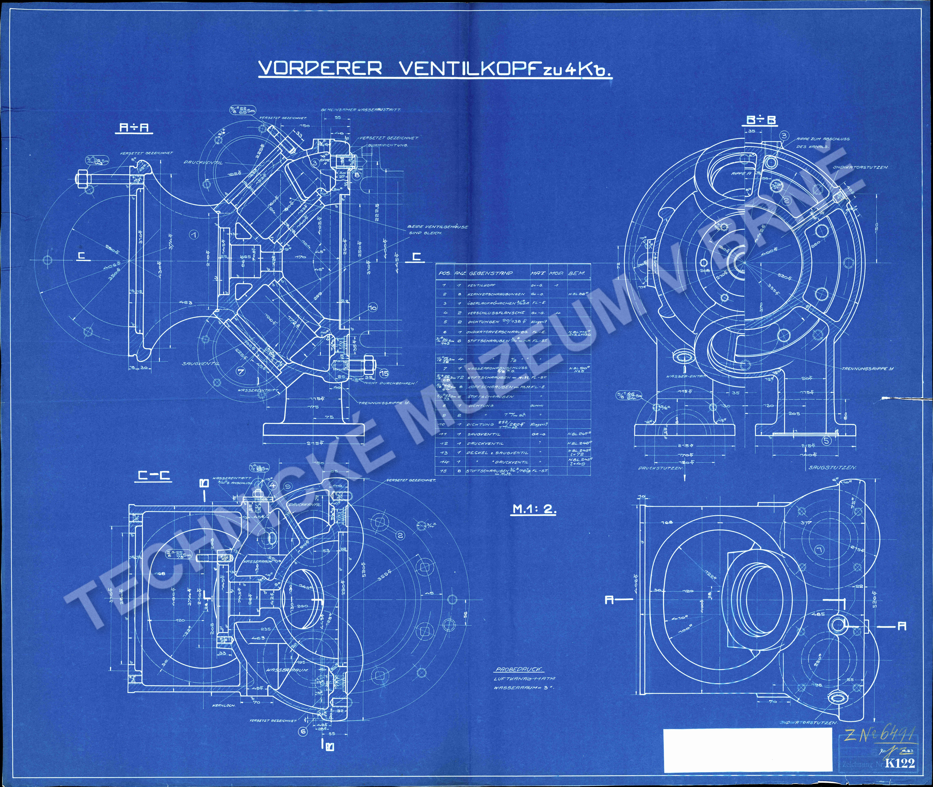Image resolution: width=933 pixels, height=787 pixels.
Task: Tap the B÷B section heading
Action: point(761,120)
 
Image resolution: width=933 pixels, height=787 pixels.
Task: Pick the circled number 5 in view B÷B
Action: point(827,441)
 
